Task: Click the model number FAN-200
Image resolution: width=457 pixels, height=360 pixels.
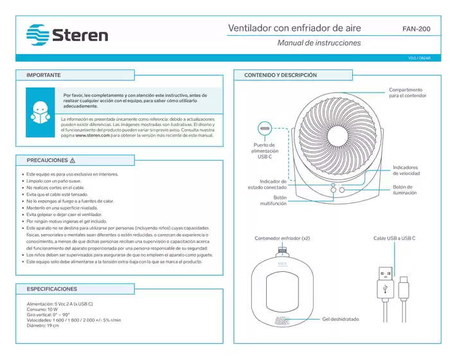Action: coord(417,29)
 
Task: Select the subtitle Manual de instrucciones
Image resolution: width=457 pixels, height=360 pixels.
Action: coord(318,43)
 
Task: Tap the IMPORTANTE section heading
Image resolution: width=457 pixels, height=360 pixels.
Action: coord(44,75)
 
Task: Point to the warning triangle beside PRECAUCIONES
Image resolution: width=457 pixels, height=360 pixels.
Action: coord(73,160)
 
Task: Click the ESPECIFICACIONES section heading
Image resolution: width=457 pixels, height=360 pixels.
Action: coord(51,289)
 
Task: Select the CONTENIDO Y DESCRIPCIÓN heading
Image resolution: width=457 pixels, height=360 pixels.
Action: coord(281,75)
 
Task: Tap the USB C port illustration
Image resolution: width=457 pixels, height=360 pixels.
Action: coord(265,128)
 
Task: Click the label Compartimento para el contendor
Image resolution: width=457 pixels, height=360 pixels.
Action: coord(406,93)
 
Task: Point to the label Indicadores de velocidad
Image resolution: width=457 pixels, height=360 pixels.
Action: coord(406,170)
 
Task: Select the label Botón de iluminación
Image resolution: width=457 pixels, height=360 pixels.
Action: coord(406,190)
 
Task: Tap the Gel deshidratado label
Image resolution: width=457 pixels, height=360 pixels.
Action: coord(341,319)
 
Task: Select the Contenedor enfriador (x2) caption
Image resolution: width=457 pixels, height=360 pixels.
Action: coord(282,239)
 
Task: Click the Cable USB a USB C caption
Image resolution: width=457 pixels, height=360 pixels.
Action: coord(395,239)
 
